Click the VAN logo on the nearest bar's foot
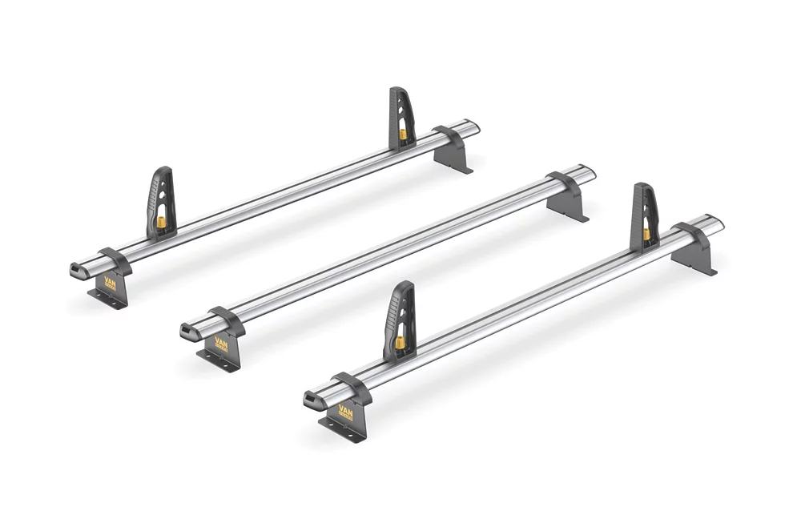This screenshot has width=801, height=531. pyautogui.click(x=346, y=413)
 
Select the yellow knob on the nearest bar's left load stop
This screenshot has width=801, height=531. pyautogui.click(x=399, y=343)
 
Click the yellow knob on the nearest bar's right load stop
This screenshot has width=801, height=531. pyautogui.click(x=646, y=234)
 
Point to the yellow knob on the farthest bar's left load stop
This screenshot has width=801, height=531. pyautogui.click(x=160, y=221)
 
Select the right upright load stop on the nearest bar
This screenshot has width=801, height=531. pyautogui.click(x=644, y=213)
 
